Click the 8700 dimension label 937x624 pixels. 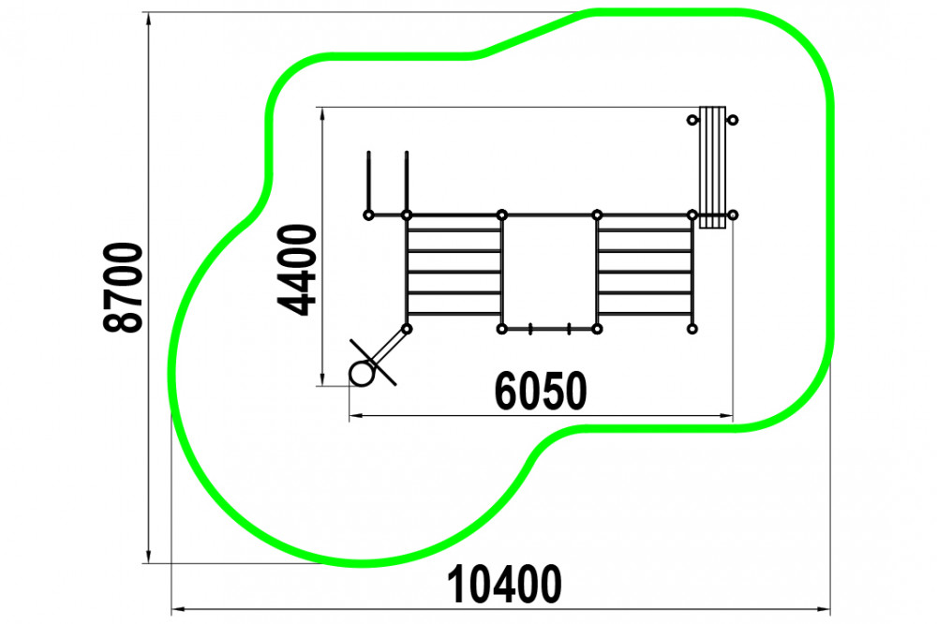click(123, 287)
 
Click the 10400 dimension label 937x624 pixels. click(504, 585)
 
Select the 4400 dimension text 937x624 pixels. click(297, 270)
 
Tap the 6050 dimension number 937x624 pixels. click(541, 391)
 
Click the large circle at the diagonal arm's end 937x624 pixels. click(361, 374)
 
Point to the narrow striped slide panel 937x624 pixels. click(712, 168)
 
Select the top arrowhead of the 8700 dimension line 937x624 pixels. click(148, 19)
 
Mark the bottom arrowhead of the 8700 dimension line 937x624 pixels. click(148, 556)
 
